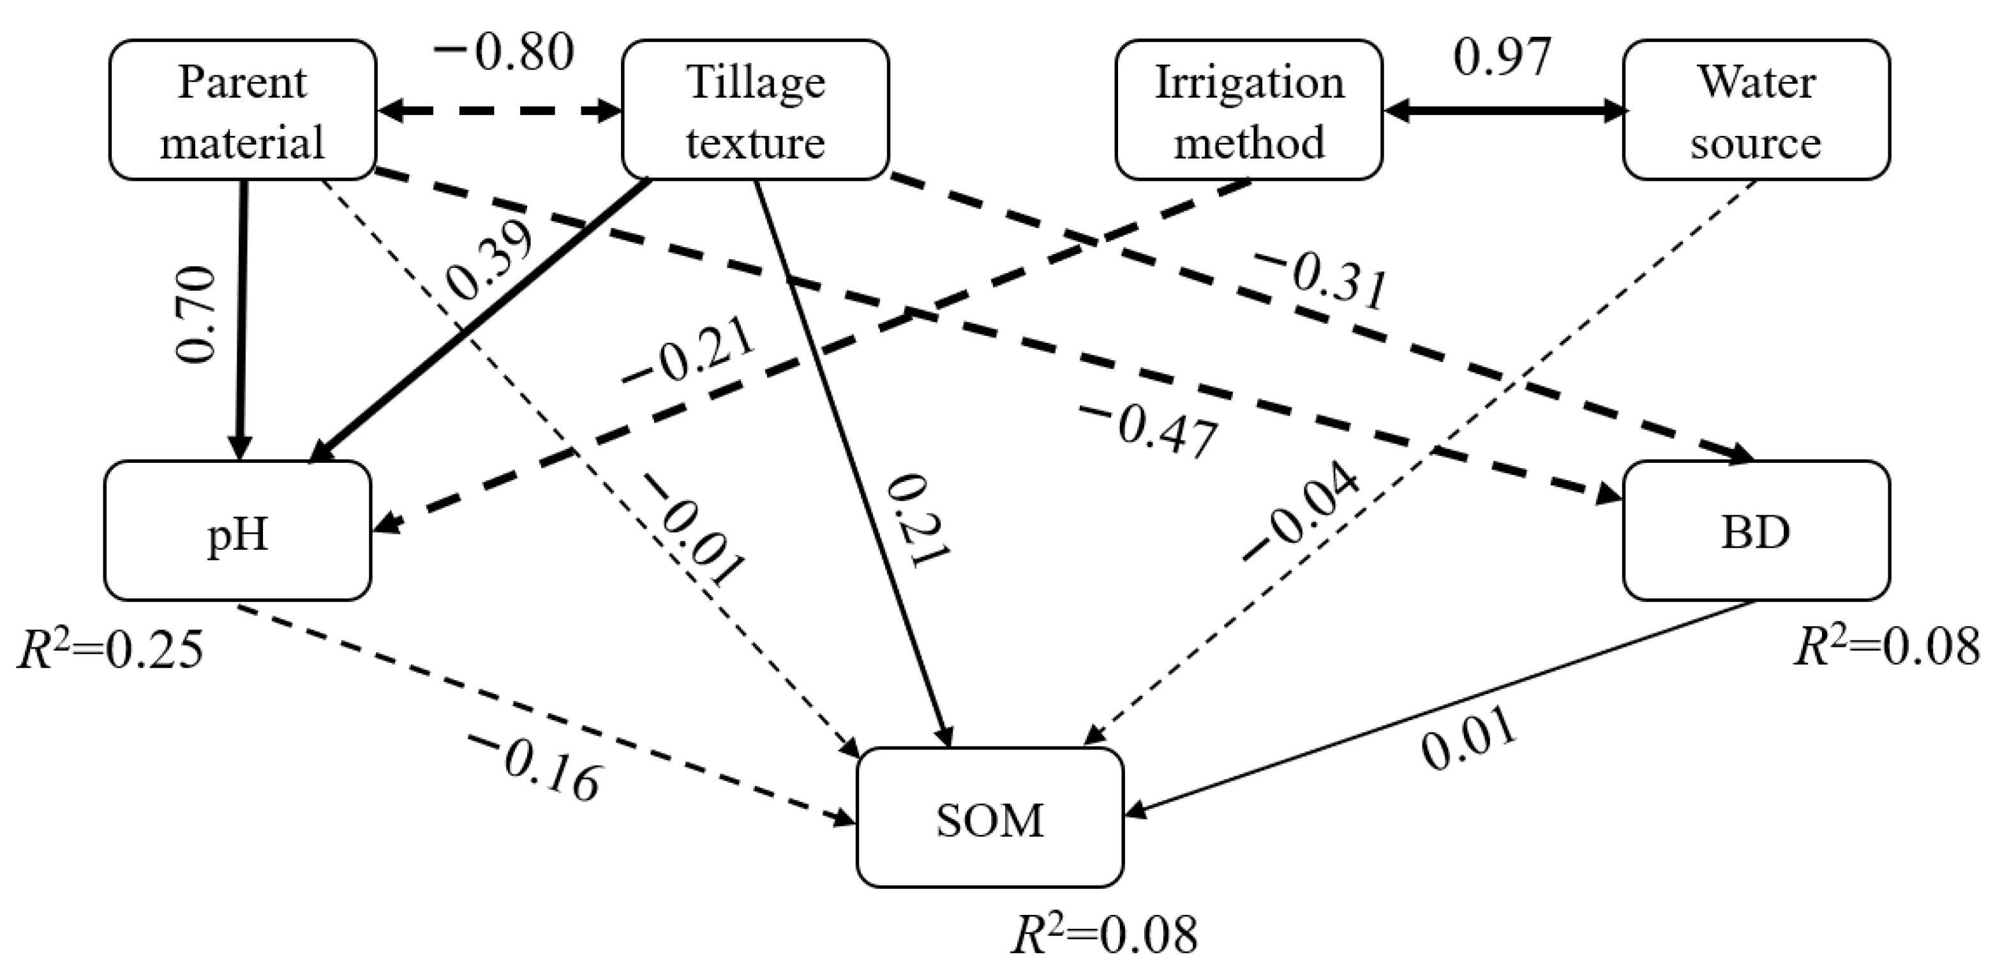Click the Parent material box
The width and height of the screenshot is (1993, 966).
242,110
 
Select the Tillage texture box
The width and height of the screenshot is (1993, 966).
755,110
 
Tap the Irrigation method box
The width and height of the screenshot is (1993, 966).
1249,110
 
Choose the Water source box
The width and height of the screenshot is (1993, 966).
1756,110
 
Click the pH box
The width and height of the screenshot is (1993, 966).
237,531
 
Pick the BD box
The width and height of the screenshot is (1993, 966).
1756,531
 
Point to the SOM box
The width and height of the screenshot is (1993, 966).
990,818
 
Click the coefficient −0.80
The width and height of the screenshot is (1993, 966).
504,52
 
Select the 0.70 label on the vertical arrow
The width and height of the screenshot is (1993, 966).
195,314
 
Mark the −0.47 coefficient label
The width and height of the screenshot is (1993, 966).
1149,432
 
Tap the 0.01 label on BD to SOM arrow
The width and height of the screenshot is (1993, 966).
1468,739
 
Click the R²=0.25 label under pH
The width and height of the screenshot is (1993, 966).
110,649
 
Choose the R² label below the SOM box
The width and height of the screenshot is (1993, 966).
1105,933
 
